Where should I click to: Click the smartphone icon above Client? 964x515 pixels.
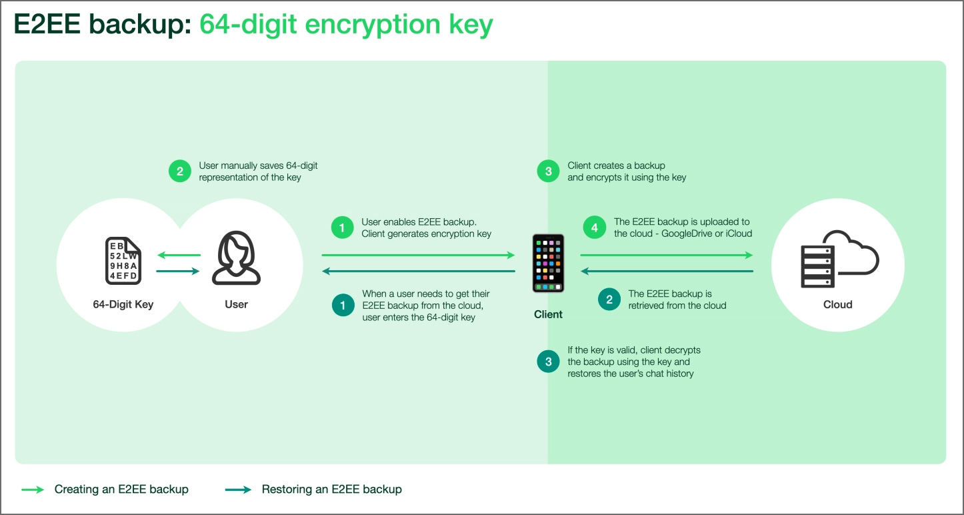pos(548,263)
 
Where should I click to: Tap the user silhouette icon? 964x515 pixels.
pos(236,257)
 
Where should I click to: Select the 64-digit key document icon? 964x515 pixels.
pos(123,261)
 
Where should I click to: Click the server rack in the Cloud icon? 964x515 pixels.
pos(818,266)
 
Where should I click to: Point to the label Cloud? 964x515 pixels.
pos(837,304)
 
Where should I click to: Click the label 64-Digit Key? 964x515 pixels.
pos(123,304)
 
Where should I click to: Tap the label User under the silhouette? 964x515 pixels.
pos(236,304)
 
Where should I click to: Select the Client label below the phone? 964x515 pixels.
pos(548,314)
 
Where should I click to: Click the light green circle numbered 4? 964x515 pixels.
pos(594,227)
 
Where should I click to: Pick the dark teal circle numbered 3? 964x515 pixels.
pos(548,362)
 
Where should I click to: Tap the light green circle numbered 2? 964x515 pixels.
pos(180,171)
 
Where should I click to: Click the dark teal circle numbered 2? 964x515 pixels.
pos(609,300)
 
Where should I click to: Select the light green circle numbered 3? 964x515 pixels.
pos(548,171)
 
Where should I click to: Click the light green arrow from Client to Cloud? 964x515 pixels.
pos(667,255)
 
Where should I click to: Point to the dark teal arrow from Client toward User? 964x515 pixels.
pos(418,272)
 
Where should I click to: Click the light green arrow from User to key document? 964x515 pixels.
pos(179,255)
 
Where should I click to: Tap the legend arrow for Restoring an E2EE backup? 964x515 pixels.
pos(238,490)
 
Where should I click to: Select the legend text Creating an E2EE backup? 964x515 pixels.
pos(121,489)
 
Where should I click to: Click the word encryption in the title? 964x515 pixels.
pos(373,25)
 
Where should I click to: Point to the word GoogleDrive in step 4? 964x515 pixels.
pos(687,233)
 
